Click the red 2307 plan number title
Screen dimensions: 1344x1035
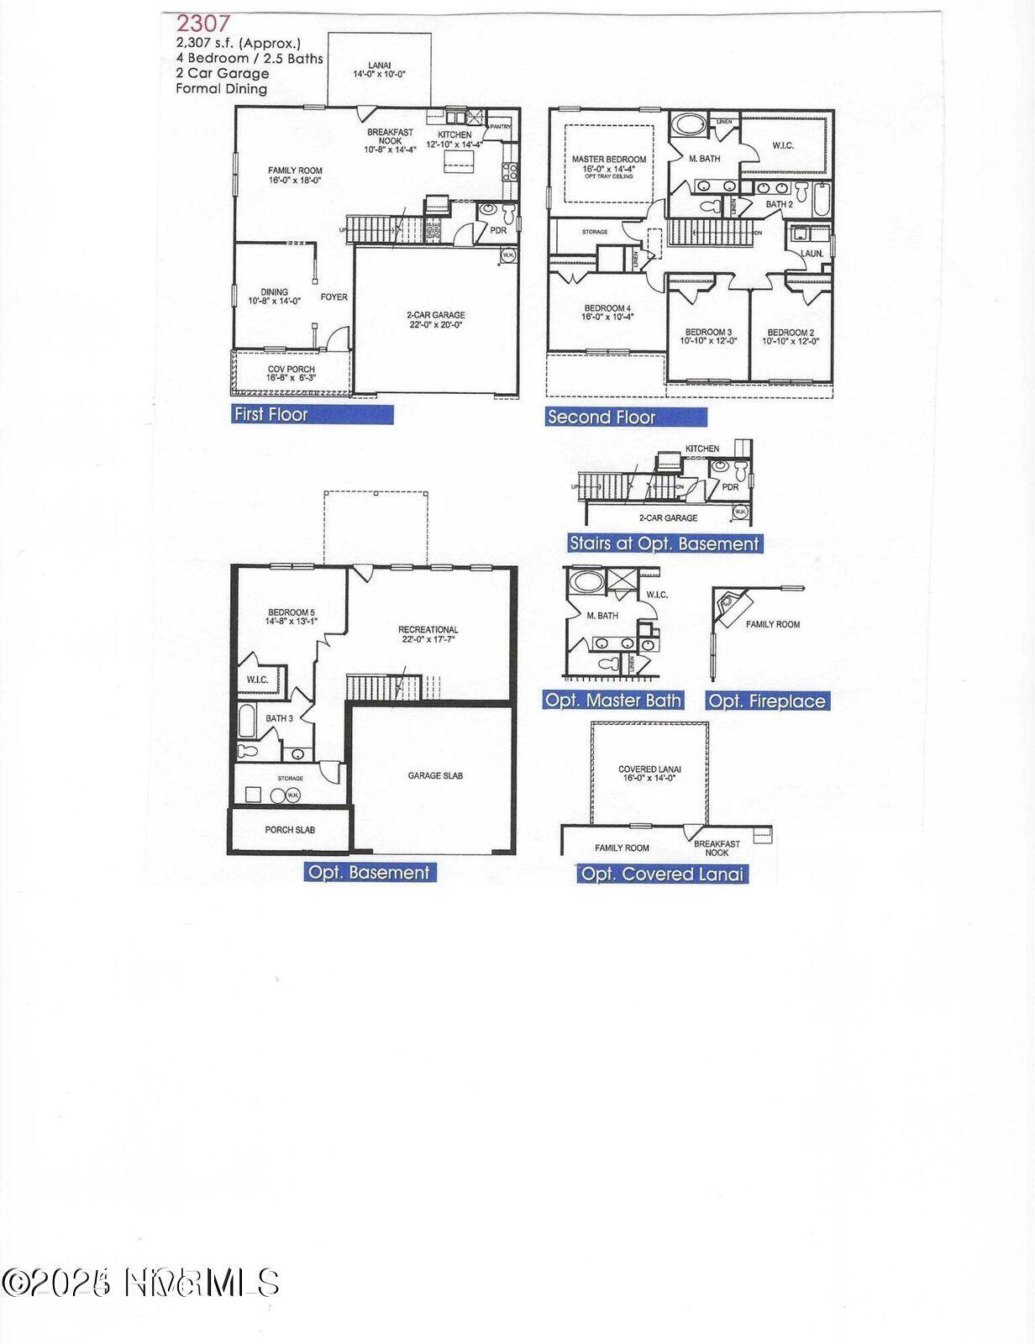pos(202,24)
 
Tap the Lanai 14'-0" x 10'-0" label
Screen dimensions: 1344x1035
pos(379,69)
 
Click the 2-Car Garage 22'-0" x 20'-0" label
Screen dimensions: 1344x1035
pos(435,320)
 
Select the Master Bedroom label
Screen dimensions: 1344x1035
pos(609,164)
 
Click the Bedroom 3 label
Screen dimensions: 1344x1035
pos(708,336)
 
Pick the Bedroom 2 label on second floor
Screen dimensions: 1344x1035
pos(791,336)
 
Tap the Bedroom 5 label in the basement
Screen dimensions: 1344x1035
pos(292,617)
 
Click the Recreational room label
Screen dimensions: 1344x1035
pos(428,634)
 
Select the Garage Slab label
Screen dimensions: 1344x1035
pos(435,775)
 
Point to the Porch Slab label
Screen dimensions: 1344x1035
pos(290,830)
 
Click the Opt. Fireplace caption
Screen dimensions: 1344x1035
pos(767,701)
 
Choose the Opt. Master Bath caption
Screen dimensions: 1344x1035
pos(612,700)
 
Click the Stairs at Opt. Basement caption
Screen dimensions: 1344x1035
pos(664,543)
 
